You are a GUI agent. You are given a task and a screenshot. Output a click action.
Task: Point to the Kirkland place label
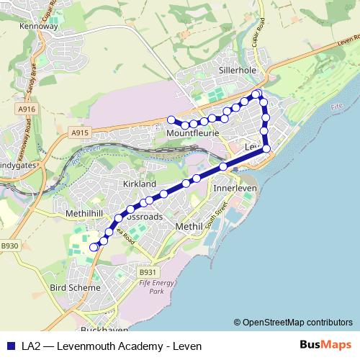[140, 184]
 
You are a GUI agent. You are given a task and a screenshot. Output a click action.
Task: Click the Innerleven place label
[236, 189]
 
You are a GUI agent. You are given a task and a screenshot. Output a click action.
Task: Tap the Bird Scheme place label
[75, 287]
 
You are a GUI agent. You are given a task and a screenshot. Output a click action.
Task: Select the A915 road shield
[79, 133]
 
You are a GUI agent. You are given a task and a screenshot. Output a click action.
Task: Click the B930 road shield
[8, 246]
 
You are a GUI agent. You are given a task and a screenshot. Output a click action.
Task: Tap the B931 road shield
[147, 272]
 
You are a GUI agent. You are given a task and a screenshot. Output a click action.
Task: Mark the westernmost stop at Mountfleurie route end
[171, 120]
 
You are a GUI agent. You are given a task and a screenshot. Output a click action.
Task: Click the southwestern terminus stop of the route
[93, 247]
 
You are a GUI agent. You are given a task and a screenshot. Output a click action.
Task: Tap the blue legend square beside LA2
[10, 344]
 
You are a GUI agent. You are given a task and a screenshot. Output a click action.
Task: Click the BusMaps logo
[326, 344]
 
